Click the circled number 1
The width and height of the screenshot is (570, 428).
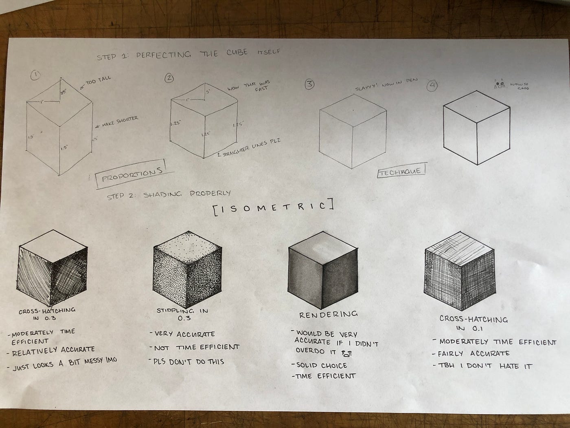(35, 75)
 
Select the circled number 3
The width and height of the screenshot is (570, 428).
(309, 85)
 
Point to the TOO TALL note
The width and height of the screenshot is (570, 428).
(98, 81)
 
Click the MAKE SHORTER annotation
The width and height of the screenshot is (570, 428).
(119, 120)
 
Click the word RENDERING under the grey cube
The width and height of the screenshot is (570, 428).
(328, 315)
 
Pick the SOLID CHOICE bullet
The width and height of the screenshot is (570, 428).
(319, 365)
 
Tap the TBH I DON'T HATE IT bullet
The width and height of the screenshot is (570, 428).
(482, 366)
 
